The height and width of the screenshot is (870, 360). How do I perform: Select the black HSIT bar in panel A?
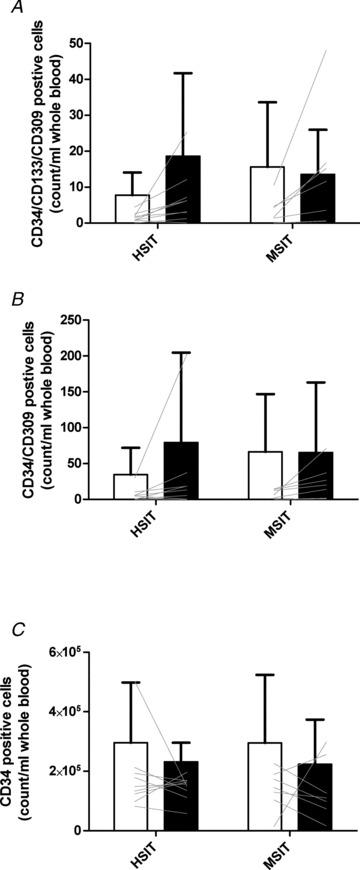point(183,190)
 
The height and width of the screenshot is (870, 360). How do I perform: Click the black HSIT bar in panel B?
point(183,470)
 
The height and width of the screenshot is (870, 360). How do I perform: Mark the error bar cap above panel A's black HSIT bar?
point(183,73)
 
